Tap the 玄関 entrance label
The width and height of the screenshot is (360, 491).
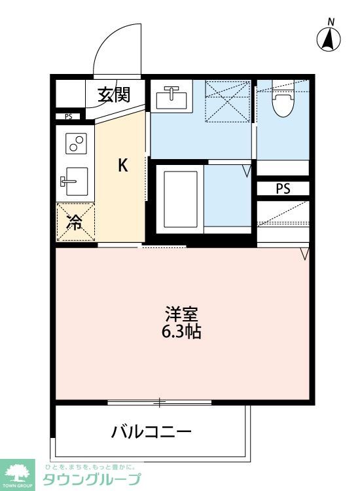pos(113,95)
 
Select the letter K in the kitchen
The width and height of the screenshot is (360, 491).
pos(122,166)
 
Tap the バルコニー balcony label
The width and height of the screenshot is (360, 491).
pos(151,432)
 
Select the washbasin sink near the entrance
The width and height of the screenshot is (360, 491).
pos(171,99)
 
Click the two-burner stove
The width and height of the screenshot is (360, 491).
pos(76,143)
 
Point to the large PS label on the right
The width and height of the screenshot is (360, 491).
pos(283,189)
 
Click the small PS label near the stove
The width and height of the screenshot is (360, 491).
pos(68,117)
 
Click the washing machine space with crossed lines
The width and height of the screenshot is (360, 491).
pos(228,101)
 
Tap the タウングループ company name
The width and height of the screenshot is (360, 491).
pos(92,479)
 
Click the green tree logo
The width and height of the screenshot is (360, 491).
pos(19,471)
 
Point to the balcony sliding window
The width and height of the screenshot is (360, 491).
pos(159,402)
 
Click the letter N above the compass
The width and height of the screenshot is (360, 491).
pos(331,22)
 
